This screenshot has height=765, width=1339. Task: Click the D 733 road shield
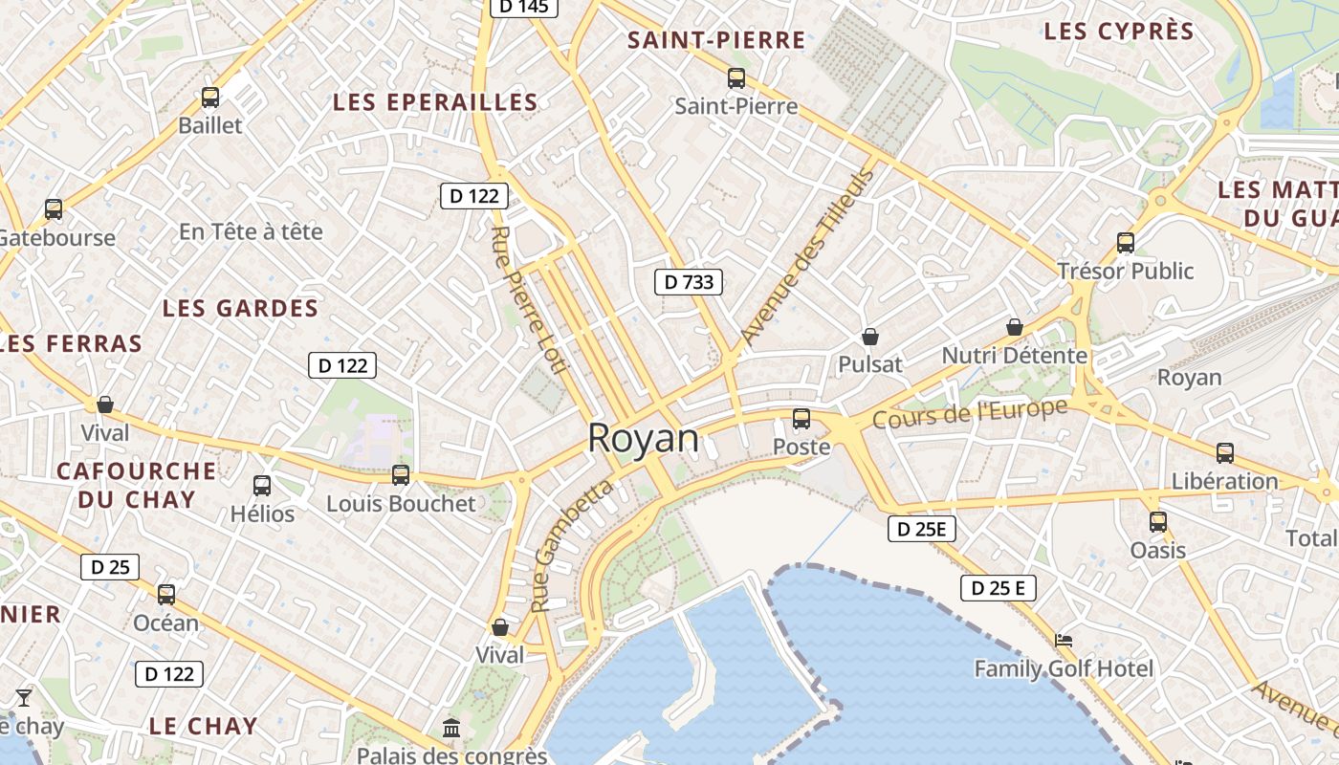tap(689, 282)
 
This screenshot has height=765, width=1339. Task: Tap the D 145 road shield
tap(524, 7)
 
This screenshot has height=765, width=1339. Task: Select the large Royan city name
tap(644, 438)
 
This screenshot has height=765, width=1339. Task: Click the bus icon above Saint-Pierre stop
tap(736, 78)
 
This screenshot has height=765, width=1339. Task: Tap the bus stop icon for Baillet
tap(210, 98)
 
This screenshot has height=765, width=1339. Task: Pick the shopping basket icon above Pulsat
tap(870, 337)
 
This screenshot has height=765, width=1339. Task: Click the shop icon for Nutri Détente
tap(1015, 328)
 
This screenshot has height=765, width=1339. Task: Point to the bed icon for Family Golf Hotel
tap(1064, 640)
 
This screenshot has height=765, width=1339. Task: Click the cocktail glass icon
tap(24, 697)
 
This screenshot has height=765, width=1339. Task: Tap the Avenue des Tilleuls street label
tap(808, 256)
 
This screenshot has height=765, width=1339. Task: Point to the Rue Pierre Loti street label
tap(522, 300)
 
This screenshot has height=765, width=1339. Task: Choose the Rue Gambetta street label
tap(571, 546)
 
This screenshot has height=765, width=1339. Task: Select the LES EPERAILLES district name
tap(435, 102)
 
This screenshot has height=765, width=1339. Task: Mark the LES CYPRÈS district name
tap(1119, 32)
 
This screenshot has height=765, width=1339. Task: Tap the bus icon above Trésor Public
tap(1126, 243)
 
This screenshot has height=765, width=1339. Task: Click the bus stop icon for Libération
tap(1225, 453)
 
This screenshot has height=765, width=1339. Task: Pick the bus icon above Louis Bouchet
tap(401, 475)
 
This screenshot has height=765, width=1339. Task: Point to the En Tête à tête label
tap(251, 231)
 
